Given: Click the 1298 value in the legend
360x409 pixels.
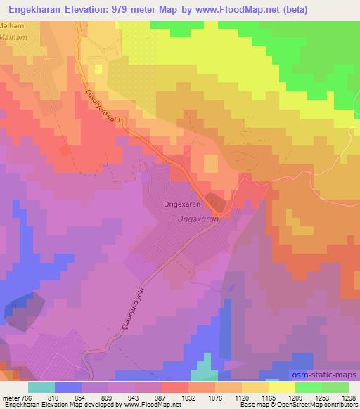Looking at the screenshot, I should [349, 398].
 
